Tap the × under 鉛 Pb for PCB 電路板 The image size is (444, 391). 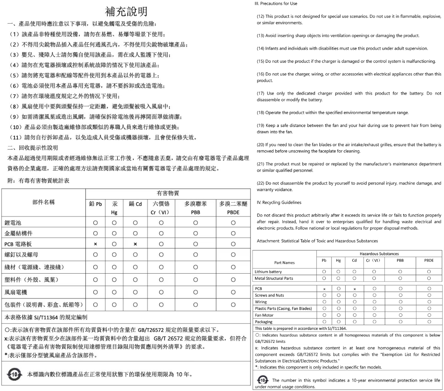[95, 244]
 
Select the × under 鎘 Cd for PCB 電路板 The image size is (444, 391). [135, 244]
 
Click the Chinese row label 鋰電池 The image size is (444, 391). [13, 222]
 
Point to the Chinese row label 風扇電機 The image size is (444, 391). [16, 292]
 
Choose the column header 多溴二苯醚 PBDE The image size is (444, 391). [233, 208]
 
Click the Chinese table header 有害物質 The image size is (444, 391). [168, 194]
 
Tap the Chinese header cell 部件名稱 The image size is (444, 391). [44, 202]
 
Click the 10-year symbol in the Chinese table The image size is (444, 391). [15, 374]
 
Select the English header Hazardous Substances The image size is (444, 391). [379, 254]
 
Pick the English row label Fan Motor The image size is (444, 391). [264, 315]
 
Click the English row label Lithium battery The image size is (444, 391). [268, 271]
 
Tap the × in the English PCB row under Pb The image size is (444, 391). [324, 289]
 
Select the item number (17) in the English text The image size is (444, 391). [260, 93]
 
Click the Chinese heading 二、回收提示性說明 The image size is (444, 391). [33, 147]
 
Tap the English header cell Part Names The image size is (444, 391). [284, 263]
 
